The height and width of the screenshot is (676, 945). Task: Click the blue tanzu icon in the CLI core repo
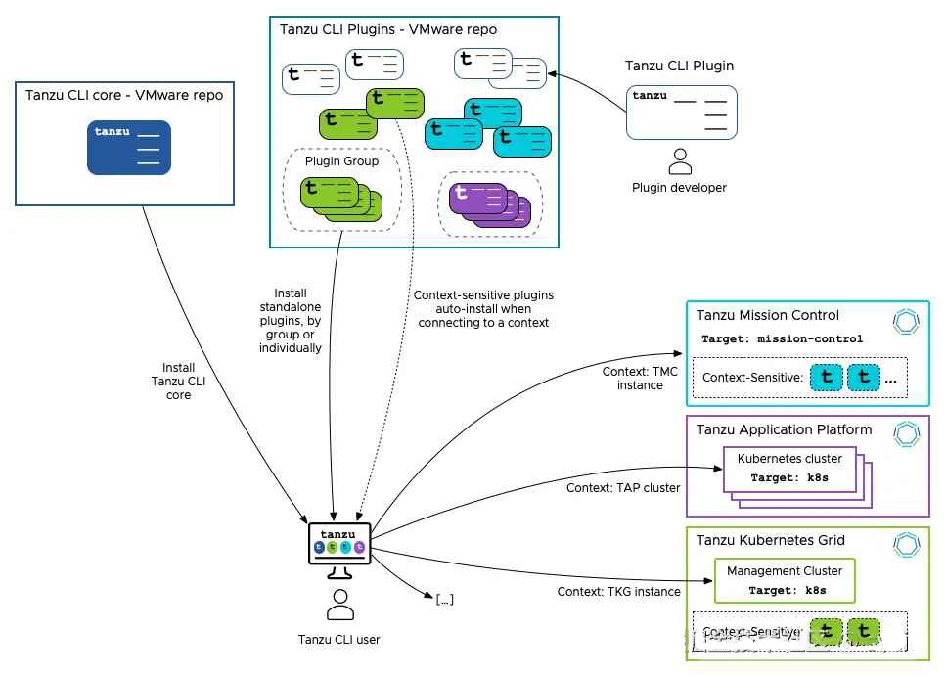[x=129, y=147]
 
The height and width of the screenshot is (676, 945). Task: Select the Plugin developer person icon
[x=679, y=160]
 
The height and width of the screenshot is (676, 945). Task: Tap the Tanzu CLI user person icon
[x=340, y=606]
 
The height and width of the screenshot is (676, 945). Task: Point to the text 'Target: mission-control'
[x=782, y=339]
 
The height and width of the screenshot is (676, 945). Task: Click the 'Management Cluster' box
[x=785, y=580]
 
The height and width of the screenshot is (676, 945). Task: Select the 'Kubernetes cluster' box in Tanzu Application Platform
[x=789, y=469]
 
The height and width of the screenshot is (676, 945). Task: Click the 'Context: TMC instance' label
[x=640, y=379]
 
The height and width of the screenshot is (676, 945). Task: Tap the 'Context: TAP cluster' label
[x=622, y=487]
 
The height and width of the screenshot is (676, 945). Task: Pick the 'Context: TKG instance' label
[x=618, y=592]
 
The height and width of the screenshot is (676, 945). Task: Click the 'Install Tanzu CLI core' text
[x=178, y=382]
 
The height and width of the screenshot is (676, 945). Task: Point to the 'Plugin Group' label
[x=341, y=161]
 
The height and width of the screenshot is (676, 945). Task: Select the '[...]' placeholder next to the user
[x=444, y=600]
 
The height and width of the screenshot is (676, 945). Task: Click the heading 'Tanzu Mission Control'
[x=768, y=316]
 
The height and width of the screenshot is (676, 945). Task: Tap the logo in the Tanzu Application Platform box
[x=907, y=433]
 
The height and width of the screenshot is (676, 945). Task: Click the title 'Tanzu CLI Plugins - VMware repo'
[x=388, y=29]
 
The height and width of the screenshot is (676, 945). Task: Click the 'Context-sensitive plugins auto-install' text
[x=482, y=308]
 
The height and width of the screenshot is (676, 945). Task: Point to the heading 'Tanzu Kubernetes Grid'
[x=770, y=540]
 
